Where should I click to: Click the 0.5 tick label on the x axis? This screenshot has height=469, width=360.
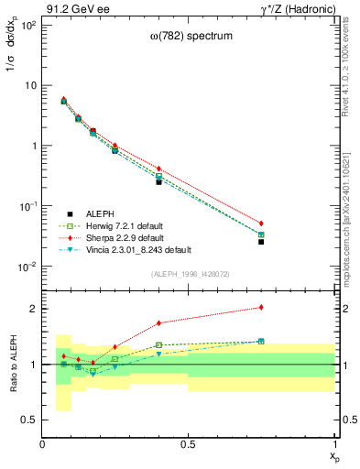[189, 443]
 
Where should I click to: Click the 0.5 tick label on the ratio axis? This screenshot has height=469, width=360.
[30, 420]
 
